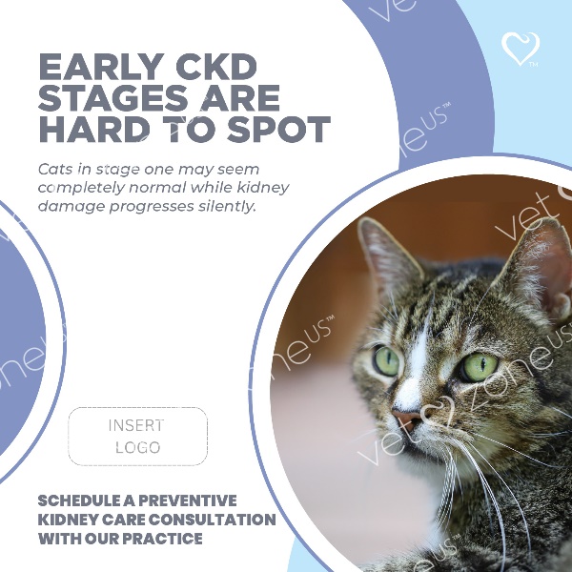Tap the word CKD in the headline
tap(216, 67)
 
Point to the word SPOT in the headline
tap(279, 130)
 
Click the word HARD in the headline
tap(94, 130)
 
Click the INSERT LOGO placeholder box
tap(138, 437)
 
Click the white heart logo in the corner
tap(521, 49)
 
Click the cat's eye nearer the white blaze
tap(386, 360)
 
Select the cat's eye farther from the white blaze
tap(479, 367)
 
